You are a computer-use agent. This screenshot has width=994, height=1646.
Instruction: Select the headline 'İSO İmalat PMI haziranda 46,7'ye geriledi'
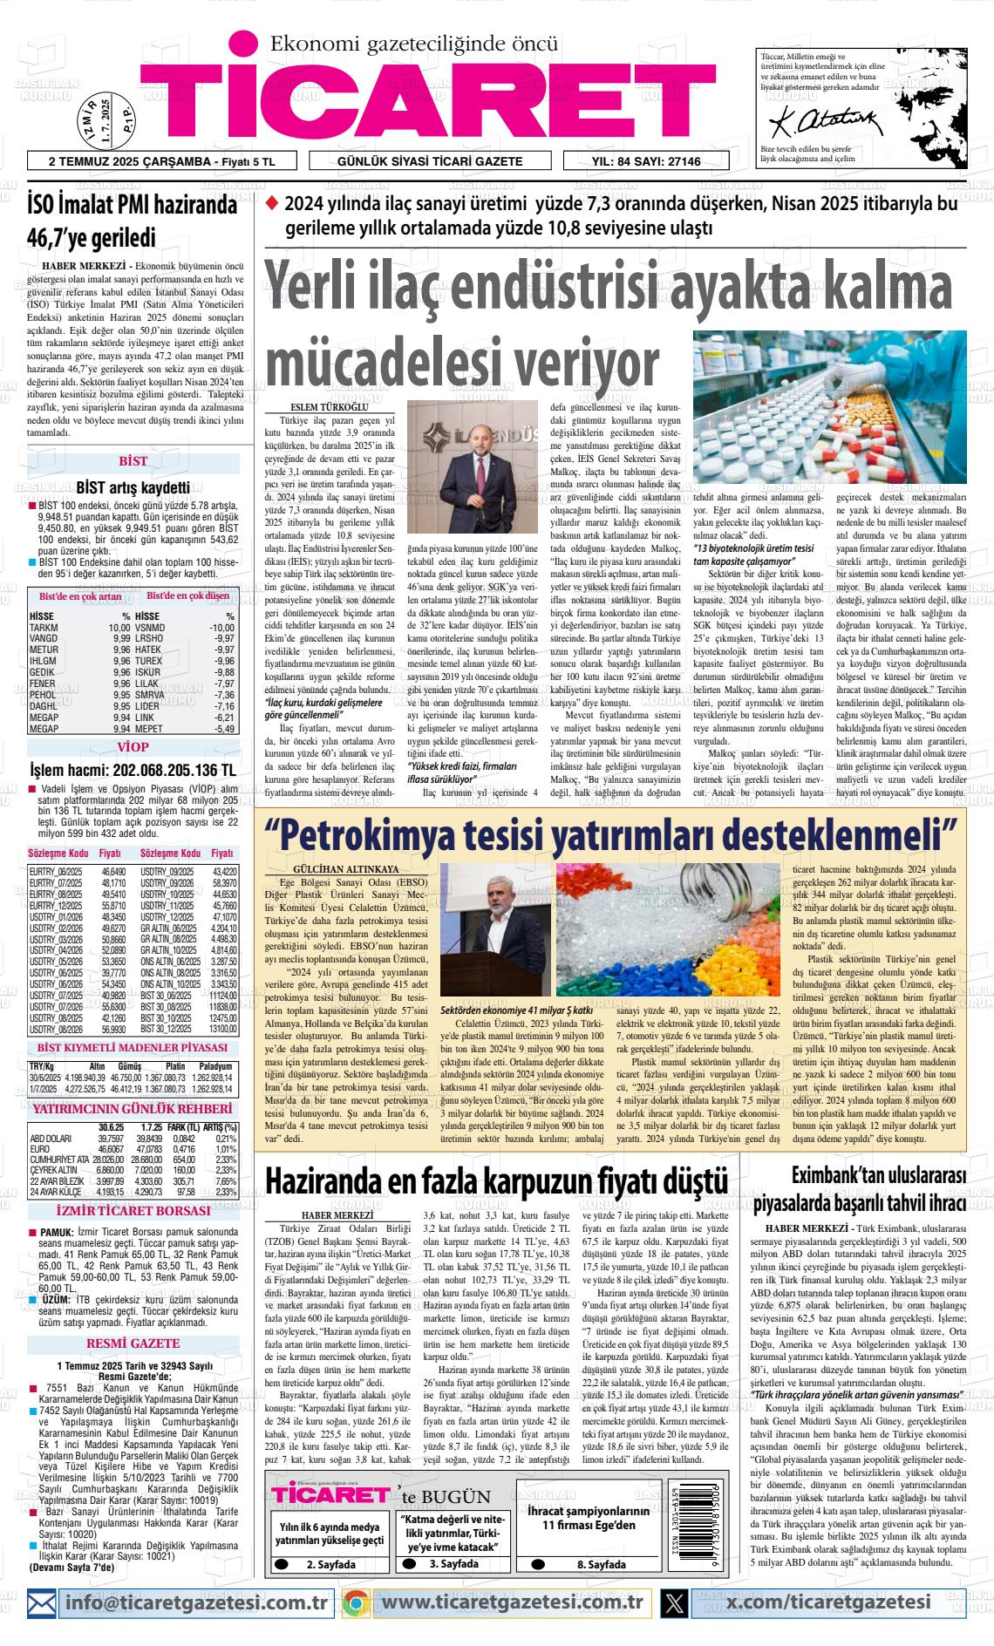coord(132,221)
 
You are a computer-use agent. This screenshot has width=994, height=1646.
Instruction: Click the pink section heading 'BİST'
coord(133,461)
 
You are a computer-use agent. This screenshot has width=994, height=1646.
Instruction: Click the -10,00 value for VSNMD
coord(221,628)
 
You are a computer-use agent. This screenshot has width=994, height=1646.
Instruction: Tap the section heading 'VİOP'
coord(133,747)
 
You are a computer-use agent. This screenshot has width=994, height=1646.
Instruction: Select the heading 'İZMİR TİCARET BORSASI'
coord(133,1211)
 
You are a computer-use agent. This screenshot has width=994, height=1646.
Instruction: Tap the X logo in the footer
coord(674,1602)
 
